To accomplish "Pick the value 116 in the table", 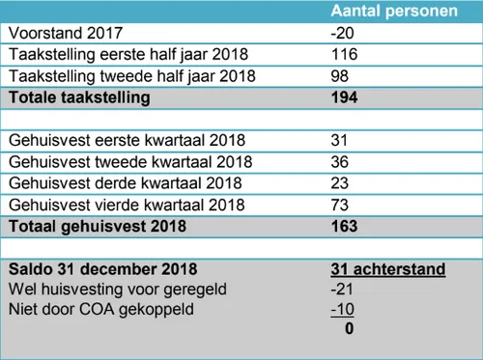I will point(344,55).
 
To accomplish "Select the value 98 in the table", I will point(339,76).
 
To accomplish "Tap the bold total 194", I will point(344,97).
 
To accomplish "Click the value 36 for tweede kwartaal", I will point(339,161).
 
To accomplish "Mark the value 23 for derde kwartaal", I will point(339,182).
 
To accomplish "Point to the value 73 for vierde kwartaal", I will point(339,204).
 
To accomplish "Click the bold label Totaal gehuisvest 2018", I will point(94,226).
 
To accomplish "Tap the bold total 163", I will point(344,226).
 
